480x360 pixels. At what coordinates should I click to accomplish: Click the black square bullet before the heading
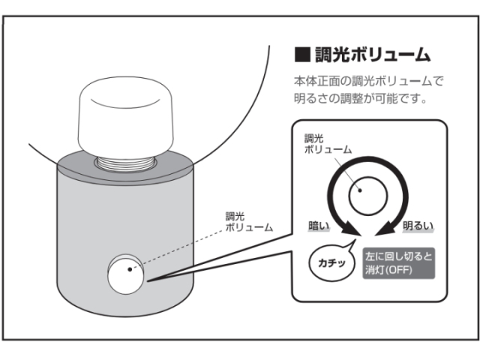[302, 54]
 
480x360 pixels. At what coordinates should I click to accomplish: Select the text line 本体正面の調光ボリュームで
[369, 80]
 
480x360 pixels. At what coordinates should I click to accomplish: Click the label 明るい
[418, 225]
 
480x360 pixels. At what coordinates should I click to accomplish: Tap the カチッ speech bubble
[331, 263]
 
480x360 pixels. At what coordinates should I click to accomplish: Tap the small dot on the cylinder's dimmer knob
[130, 268]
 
